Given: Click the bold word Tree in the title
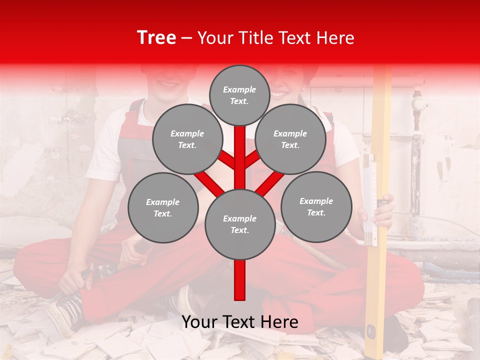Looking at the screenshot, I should (156, 38).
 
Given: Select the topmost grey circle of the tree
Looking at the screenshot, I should (239, 95).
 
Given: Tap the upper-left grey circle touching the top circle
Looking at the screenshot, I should (187, 139).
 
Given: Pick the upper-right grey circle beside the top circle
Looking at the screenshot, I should (290, 139).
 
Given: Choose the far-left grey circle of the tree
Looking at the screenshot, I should (162, 208).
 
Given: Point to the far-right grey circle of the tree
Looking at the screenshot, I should (316, 207).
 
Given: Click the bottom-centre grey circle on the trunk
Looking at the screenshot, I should (239, 224).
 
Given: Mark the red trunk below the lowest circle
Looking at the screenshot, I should (239, 280).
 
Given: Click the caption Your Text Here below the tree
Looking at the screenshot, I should (239, 322).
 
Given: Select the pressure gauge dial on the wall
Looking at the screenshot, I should (419, 103).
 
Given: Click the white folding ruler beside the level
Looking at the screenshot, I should (369, 200).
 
